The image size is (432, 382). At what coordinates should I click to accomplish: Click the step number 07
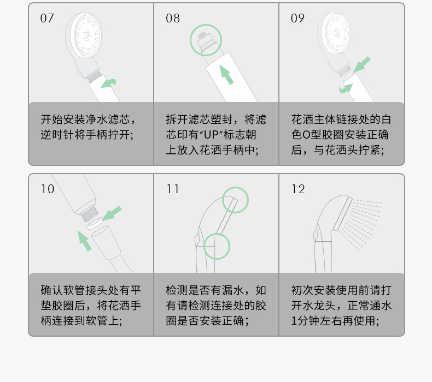pyautogui.click(x=47, y=19)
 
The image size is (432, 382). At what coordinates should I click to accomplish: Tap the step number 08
pyautogui.click(x=173, y=19)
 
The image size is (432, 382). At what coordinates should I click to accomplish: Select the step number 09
pyautogui.click(x=297, y=19)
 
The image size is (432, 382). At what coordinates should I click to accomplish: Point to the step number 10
pyautogui.click(x=48, y=189)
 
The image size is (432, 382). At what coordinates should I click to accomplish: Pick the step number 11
pyautogui.click(x=173, y=189)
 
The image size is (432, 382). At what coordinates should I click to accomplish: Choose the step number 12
pyautogui.click(x=298, y=189)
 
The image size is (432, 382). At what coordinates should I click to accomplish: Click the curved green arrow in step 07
pyautogui.click(x=109, y=83)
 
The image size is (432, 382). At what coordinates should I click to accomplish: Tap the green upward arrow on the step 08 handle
pyautogui.click(x=226, y=75)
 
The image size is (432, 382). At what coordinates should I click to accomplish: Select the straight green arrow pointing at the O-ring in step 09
pyautogui.click(x=362, y=65)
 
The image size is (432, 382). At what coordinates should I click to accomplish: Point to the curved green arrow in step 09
pyautogui.click(x=346, y=88)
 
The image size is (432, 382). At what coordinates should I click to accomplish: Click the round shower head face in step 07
pyautogui.click(x=86, y=35)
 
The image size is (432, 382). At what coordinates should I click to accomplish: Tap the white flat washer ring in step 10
pyautogui.click(x=95, y=223)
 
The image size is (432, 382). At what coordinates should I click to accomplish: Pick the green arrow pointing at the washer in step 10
pyautogui.click(x=112, y=213)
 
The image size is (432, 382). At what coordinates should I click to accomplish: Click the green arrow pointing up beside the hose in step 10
pyautogui.click(x=84, y=241)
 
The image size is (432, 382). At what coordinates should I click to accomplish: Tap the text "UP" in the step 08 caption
pyautogui.click(x=211, y=135)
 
